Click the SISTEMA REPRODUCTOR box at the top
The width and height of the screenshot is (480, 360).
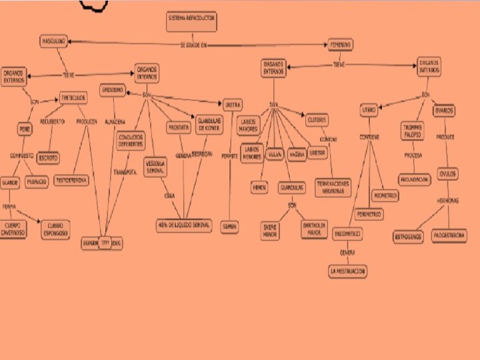coord(191,22)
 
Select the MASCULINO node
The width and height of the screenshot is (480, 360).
coord(54,41)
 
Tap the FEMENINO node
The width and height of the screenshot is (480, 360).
coord(340,45)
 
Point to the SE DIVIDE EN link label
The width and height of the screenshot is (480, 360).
coord(193,45)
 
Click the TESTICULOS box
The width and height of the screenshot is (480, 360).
coord(73,97)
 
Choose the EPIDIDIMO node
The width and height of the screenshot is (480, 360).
coord(112,90)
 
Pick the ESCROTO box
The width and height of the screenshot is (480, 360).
coord(48,158)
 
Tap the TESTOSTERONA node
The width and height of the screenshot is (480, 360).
coord(71,180)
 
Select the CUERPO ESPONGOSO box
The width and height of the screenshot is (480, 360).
coord(59,228)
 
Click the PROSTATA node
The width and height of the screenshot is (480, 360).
coord(179,127)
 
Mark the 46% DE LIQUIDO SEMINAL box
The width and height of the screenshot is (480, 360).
coord(183,225)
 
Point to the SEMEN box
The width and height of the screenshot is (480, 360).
coord(229,227)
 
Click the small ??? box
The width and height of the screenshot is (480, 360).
coord(105,243)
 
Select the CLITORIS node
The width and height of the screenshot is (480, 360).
coord(317,119)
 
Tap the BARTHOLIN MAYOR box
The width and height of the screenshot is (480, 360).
coord(313,230)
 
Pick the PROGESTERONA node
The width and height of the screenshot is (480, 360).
coord(449,235)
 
